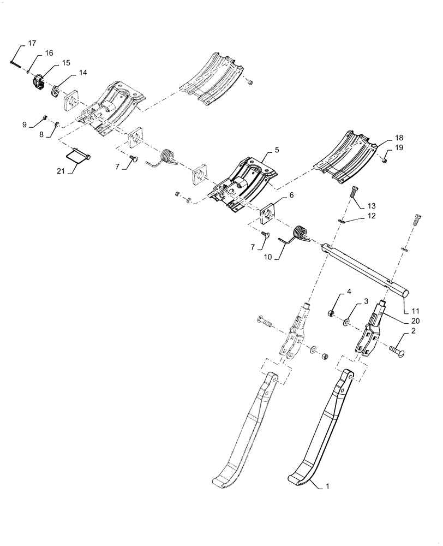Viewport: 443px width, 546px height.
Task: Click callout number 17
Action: coord(32,43)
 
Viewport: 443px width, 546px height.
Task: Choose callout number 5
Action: coord(277,149)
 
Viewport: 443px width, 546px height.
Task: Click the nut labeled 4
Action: coord(331,313)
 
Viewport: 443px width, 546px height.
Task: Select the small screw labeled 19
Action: coord(384,159)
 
